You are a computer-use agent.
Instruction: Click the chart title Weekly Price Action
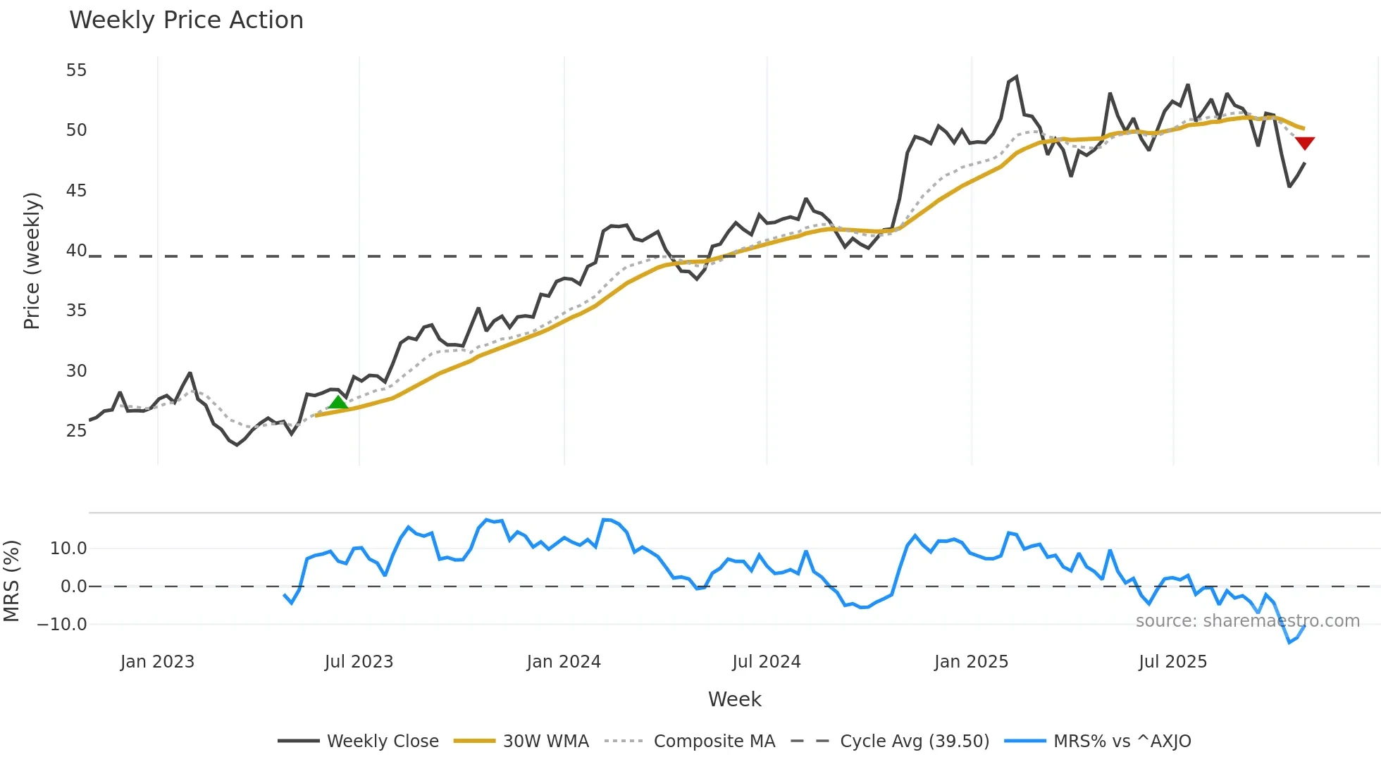[186, 20]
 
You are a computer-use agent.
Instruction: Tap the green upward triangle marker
[338, 402]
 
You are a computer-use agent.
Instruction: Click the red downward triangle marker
[1305, 143]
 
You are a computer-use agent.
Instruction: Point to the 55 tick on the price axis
[76, 70]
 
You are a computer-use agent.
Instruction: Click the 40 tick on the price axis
[76, 251]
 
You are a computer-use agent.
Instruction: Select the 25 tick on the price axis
[76, 431]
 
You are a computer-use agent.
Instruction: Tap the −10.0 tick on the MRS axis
[62, 625]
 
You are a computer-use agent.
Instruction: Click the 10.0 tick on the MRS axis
[68, 549]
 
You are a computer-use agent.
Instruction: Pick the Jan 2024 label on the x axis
[564, 662]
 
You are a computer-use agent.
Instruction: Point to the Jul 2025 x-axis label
[1172, 662]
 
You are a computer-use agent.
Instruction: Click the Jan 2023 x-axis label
[157, 662]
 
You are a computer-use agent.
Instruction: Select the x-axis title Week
[734, 699]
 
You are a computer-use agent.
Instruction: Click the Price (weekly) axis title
[32, 261]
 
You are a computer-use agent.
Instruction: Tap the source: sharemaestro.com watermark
[1247, 621]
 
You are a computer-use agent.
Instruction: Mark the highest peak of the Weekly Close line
[1016, 77]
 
